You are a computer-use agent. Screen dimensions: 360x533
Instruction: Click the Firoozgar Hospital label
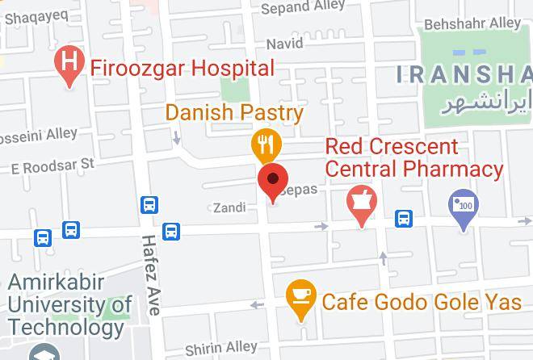click(x=182, y=67)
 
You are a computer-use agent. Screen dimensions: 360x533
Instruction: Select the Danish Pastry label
click(x=234, y=112)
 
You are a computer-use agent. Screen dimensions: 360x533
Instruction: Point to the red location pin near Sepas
click(x=273, y=179)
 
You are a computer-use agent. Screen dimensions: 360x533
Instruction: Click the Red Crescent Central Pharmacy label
click(x=413, y=158)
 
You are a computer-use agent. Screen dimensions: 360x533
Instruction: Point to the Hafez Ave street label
click(x=150, y=274)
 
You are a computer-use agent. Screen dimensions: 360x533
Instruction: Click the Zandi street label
click(x=229, y=207)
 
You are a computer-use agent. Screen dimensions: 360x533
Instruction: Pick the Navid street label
click(x=284, y=43)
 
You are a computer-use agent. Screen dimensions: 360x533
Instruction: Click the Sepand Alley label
click(x=304, y=8)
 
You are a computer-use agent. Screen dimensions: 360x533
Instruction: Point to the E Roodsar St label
click(x=52, y=165)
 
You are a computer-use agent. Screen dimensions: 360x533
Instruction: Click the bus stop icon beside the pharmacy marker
click(x=403, y=218)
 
